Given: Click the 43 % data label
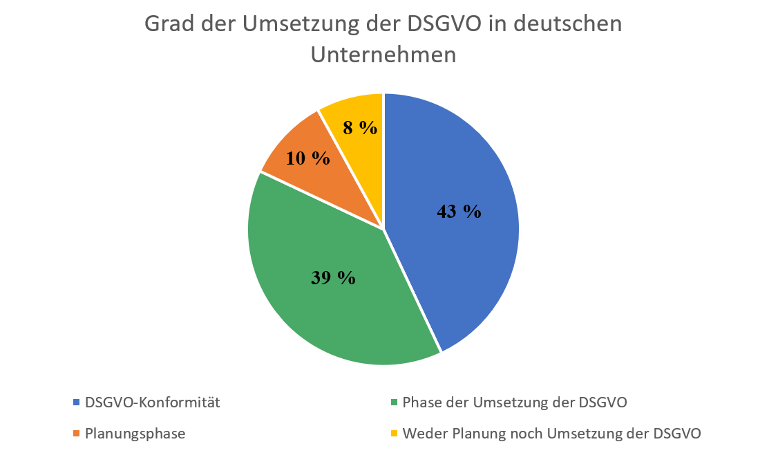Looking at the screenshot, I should pos(459,212).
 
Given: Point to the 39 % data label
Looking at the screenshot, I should pos(332,277).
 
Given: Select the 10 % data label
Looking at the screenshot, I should pos(307,158).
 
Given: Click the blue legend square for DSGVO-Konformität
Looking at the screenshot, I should pos(76,403).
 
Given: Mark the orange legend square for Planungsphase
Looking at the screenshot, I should pos(76,434).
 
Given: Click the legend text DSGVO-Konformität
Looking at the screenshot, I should pos(152,403).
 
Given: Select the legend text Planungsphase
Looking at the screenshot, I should pos(135,434).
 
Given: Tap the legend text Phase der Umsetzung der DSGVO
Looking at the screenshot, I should pos(515,403).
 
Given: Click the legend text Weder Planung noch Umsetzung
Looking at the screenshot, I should pos(552,434).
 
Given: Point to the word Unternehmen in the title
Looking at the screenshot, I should pos(383,54).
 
